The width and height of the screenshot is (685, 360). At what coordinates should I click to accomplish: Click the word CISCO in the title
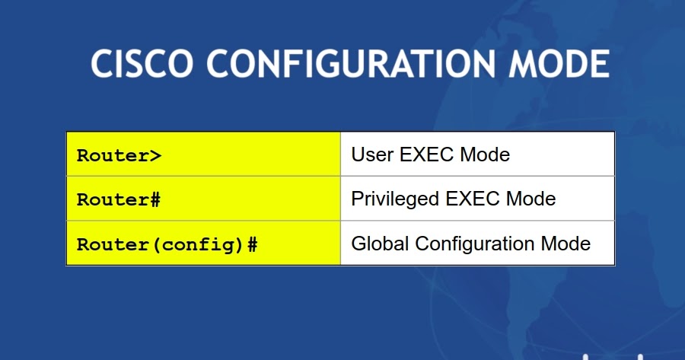coord(139,64)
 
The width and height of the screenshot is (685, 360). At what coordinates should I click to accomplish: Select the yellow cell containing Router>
coord(203,155)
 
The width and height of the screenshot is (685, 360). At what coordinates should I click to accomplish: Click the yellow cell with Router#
coord(203,199)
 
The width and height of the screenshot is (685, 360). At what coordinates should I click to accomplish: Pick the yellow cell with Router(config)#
coord(203,244)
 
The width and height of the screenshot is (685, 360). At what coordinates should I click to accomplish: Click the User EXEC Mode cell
coord(477,155)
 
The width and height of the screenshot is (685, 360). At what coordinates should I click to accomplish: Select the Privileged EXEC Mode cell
coord(477,199)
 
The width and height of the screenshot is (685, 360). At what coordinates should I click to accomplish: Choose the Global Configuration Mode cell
coord(477,244)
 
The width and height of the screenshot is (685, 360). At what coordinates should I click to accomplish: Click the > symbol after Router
coord(155,155)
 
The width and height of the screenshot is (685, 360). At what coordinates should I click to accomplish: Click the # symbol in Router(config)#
coord(252,245)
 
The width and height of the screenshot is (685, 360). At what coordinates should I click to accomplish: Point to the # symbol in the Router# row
coord(155,200)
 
